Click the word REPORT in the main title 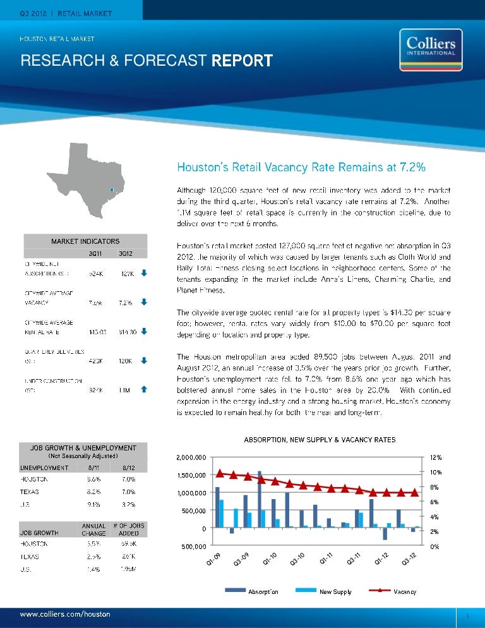(242, 61)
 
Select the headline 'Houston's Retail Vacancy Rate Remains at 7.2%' (300, 167)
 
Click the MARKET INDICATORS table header (85, 241)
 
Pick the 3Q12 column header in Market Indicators (125, 253)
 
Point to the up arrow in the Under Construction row (144, 390)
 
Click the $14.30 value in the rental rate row (125, 331)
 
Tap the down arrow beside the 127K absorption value (144, 274)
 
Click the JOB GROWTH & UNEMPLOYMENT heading (85, 447)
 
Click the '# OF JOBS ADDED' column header (128, 528)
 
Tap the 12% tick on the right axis (435, 457)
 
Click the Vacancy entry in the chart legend (404, 592)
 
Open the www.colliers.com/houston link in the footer (66, 614)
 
